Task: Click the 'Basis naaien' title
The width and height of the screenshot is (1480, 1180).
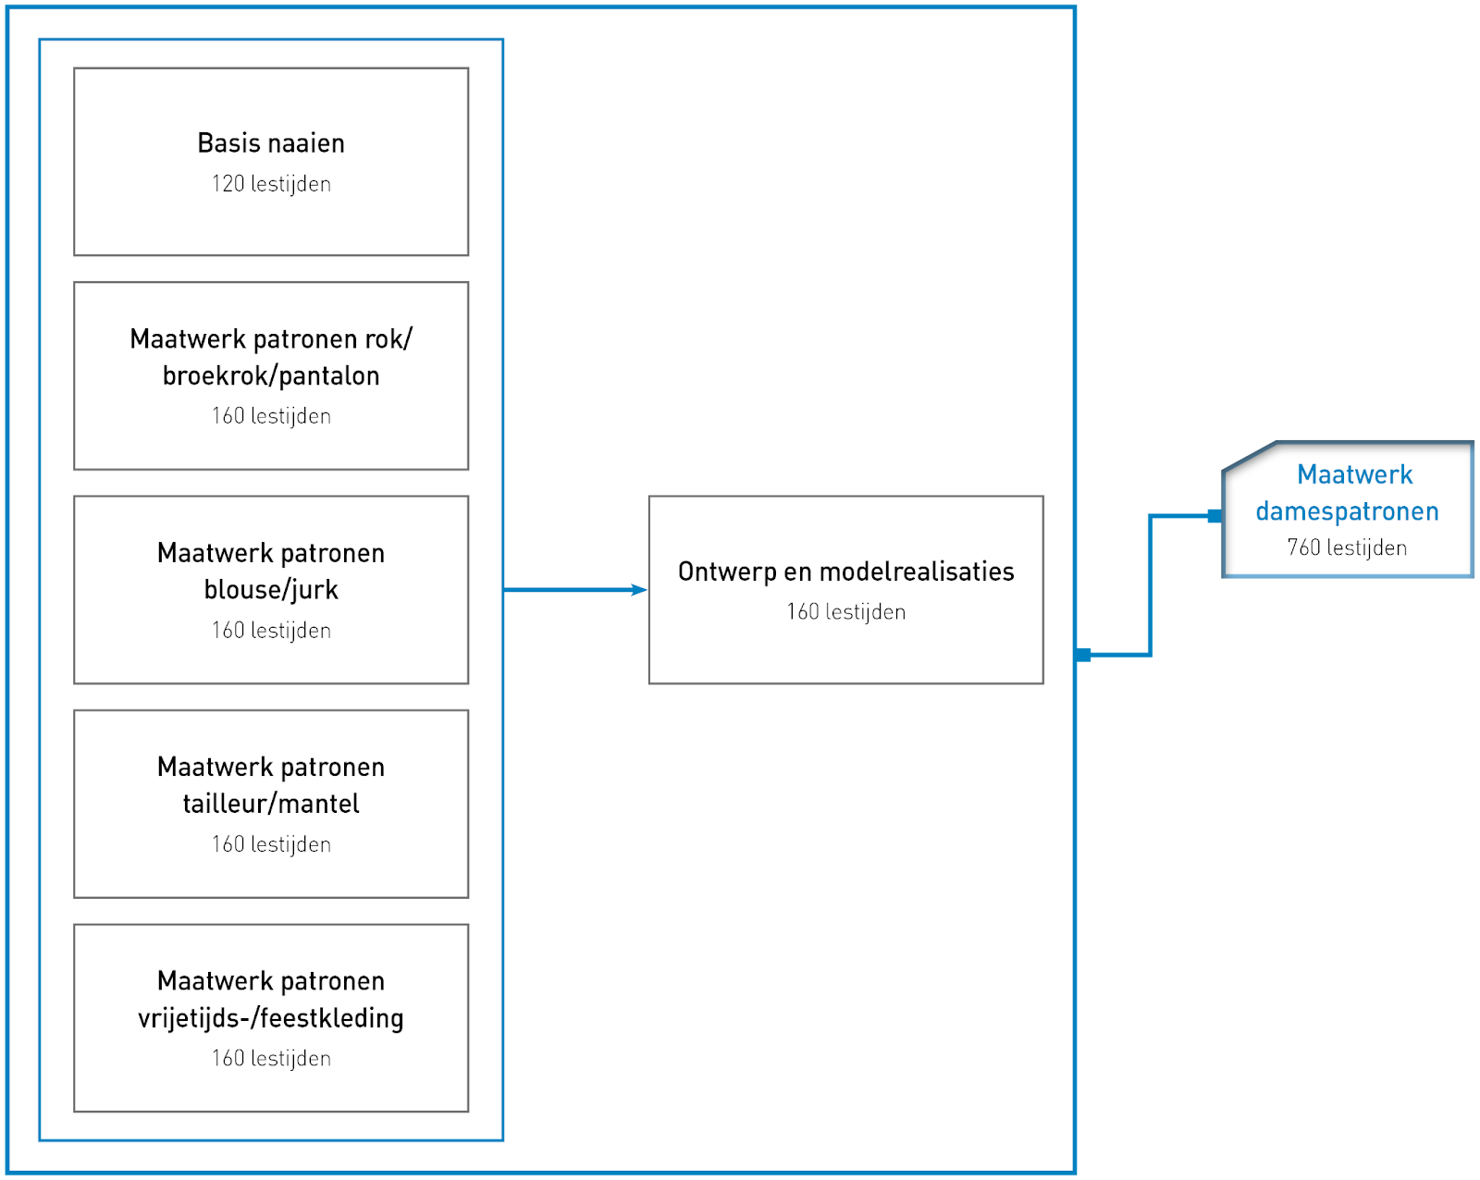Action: coord(271,143)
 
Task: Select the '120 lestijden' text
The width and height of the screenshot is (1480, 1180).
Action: coord(271,184)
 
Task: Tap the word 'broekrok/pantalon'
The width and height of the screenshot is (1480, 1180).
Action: coord(271,376)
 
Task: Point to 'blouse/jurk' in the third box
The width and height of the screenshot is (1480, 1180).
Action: coord(271,590)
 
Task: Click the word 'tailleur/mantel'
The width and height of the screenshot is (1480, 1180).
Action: coord(271,804)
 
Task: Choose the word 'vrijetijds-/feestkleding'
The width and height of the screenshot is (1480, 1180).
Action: coord(271,1018)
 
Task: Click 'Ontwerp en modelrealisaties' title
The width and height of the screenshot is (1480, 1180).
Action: coord(845,572)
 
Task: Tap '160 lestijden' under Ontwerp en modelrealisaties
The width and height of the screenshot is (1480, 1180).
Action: coord(845,612)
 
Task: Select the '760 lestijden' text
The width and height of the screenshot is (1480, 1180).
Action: coord(1347,547)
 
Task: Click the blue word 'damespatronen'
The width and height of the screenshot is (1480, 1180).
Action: coord(1347,511)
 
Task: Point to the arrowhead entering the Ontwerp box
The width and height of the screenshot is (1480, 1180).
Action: coord(639,590)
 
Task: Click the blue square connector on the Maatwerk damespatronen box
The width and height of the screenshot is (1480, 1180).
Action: coord(1215,516)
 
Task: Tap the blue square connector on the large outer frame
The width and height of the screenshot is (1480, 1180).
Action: coord(1082,655)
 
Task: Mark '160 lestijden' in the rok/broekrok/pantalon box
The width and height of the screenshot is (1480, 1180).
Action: coord(271,416)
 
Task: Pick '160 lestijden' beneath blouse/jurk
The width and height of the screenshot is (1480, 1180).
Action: coord(271,630)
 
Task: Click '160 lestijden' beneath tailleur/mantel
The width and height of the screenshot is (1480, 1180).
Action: coord(271,844)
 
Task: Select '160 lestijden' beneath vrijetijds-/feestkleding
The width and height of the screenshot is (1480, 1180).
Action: coord(271,1058)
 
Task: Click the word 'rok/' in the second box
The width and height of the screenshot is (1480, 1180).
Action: coord(389,339)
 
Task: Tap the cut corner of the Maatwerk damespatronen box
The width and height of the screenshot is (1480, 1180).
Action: coord(1249,457)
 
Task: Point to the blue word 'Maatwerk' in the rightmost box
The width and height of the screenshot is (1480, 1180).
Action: coord(1354,474)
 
